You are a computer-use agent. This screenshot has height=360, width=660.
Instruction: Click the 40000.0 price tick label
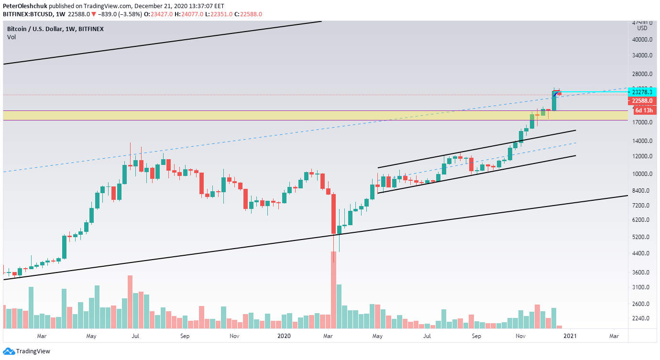coord(642,39)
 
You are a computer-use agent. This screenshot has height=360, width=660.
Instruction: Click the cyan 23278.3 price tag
coord(642,92)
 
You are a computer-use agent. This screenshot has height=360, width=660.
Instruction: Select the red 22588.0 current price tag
coord(642,101)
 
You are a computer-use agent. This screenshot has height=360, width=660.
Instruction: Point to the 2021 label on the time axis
coord(570,336)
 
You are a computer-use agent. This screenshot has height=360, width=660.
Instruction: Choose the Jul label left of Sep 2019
coord(135,336)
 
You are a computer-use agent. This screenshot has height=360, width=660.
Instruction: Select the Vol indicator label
coord(11,37)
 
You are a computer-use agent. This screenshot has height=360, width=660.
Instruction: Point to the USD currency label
coord(642,28)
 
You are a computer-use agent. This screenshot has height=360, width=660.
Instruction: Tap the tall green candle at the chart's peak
coord(554,101)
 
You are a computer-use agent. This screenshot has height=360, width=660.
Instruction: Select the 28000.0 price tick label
coord(642,74)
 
